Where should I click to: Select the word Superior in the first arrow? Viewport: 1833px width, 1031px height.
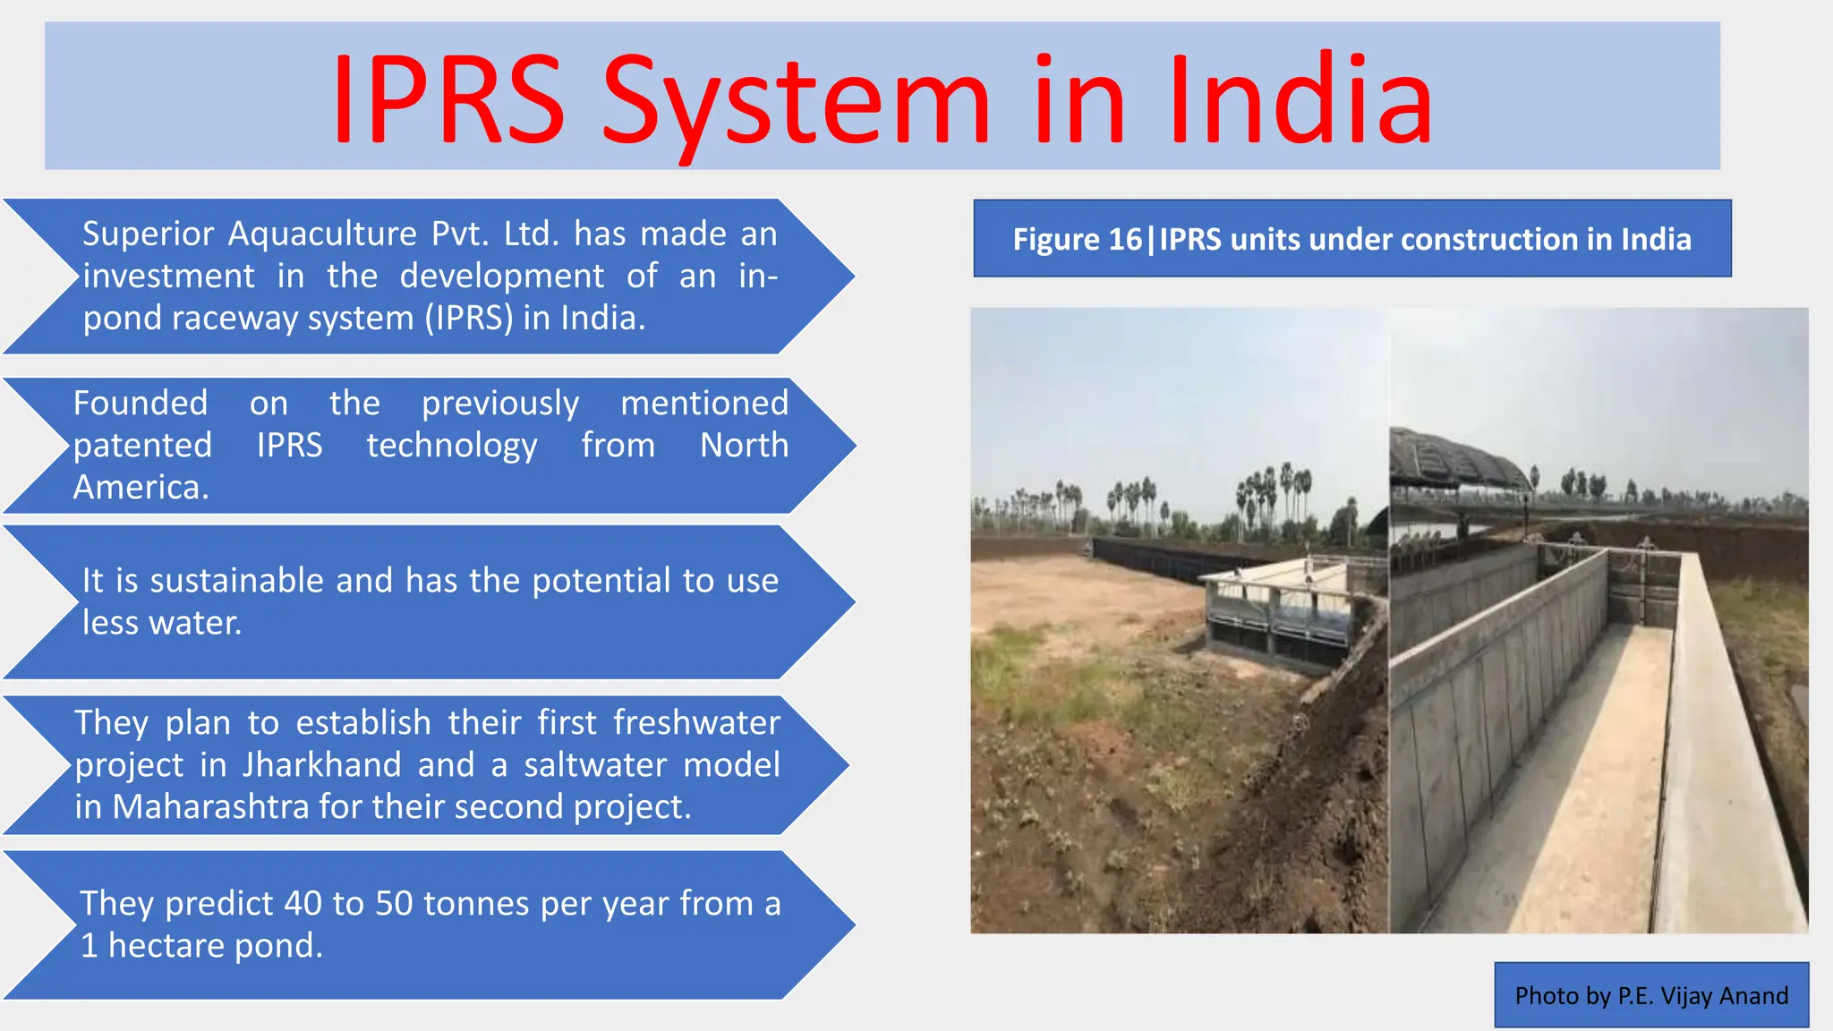coord(149,234)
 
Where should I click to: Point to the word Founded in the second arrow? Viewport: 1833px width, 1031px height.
coord(141,404)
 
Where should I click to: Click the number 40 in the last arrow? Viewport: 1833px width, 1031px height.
coord(303,904)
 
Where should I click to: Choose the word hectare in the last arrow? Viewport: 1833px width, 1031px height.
coord(166,946)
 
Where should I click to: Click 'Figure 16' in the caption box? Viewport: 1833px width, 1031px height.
coord(1077,240)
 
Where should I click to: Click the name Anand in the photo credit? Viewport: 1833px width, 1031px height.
coord(1755,996)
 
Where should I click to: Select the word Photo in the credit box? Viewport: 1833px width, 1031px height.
coord(1547,996)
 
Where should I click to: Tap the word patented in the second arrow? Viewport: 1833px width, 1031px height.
coord(142,446)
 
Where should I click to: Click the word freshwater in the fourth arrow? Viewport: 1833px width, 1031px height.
coord(696,723)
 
